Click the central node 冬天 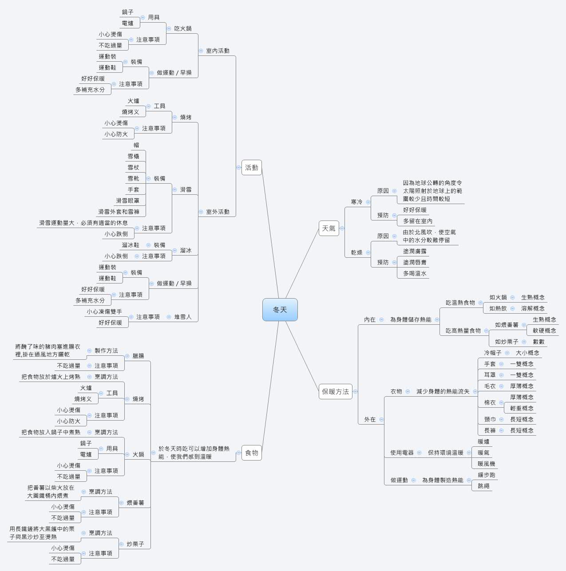tap(280, 310)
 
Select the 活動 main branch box tap(251, 167)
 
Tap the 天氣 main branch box tap(329, 228)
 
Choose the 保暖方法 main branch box tap(335, 392)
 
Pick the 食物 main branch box tap(251, 453)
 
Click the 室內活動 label tap(218, 51)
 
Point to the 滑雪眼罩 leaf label tap(127, 201)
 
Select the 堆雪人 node tap(183, 317)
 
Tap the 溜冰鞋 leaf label tap(131, 245)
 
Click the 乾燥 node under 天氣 tap(357, 252)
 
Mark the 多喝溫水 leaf tap(415, 273)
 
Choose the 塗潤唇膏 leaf tap(415, 262)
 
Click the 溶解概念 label tap(533, 308)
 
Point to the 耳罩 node tap(490, 375)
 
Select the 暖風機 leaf tap(487, 464)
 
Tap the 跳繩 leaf tap(483, 486)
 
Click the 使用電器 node tap(402, 453)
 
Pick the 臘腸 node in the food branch tap(138, 356)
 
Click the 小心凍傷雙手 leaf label tap(104, 311)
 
